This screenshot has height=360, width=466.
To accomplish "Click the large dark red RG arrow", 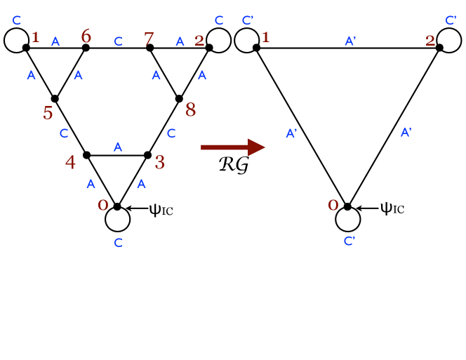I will click(x=232, y=147).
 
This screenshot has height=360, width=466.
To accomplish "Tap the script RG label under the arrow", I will click(x=234, y=166).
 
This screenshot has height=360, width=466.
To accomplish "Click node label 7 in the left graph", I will click(x=149, y=36).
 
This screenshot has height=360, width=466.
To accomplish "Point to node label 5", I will click(x=48, y=113).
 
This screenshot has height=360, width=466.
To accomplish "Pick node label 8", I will click(x=190, y=109).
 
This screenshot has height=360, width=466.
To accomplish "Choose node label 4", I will click(x=70, y=162).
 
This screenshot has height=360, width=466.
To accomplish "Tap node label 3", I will click(x=159, y=162).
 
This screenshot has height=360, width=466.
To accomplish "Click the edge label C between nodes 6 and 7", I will click(x=118, y=42).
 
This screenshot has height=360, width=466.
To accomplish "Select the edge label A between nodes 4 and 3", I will click(x=118, y=147).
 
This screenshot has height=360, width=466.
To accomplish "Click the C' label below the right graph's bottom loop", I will click(x=349, y=241).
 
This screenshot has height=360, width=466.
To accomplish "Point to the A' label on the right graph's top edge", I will click(x=351, y=41).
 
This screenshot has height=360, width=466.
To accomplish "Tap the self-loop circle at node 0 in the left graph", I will click(x=117, y=219).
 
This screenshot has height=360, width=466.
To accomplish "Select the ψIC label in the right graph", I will click(x=392, y=208).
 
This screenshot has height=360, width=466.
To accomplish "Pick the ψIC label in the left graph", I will click(x=161, y=209).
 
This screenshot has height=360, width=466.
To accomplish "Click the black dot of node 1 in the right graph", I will click(x=257, y=48).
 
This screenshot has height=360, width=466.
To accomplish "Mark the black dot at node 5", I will click(x=55, y=99).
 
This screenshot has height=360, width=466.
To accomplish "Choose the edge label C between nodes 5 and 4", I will click(x=64, y=133).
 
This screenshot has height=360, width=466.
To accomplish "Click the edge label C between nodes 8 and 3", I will click(x=171, y=133).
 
